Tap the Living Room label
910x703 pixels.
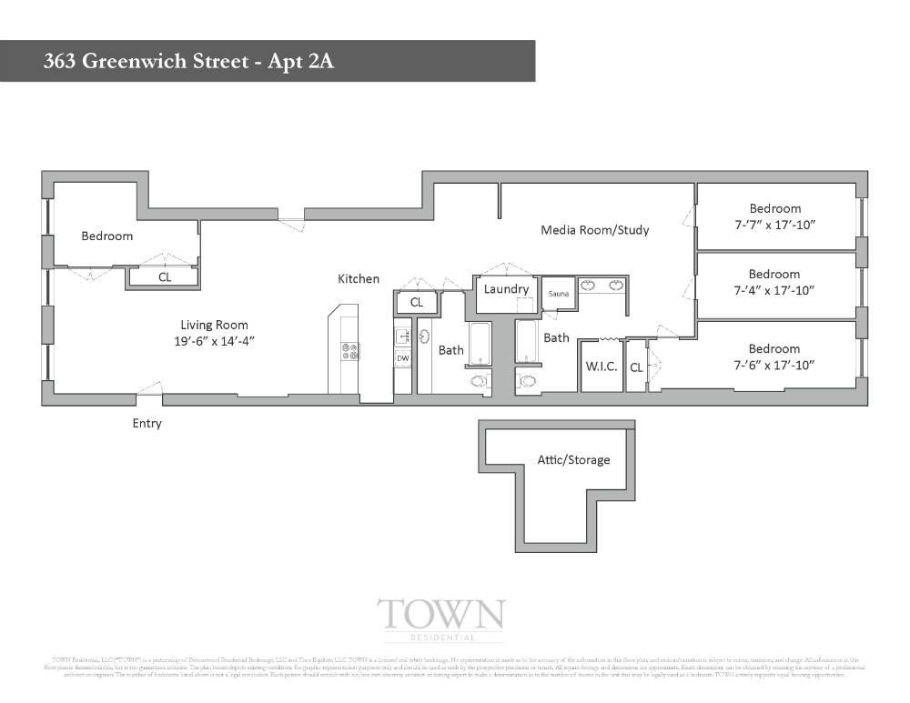coord(214,325)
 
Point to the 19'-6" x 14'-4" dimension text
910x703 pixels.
coord(214,341)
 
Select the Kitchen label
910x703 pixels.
coord(359,279)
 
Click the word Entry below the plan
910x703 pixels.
coord(147,423)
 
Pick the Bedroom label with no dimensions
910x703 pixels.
coord(107,236)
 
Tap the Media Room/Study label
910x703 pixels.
coord(595,230)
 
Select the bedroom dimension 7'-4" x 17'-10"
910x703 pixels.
coord(774,290)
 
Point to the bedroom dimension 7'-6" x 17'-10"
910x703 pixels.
coord(774,365)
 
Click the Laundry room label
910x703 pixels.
coord(507,289)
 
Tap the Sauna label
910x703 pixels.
coord(558,296)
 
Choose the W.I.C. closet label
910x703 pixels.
coord(602,367)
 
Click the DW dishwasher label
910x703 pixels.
coord(402,358)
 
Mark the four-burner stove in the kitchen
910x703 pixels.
coord(349,351)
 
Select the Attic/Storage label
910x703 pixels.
coord(573,460)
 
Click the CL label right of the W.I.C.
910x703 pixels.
coord(636,368)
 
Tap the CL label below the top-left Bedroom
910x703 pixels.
coord(165,277)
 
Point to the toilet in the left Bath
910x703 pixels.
coord(480,382)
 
